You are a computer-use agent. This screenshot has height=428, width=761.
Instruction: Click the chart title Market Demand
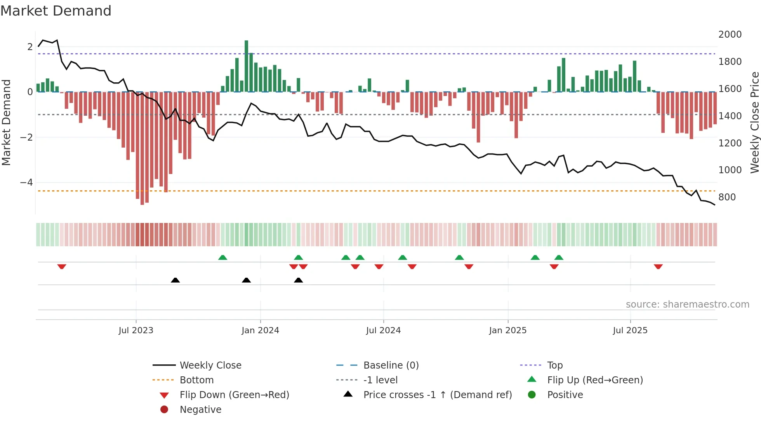pyautogui.click(x=56, y=11)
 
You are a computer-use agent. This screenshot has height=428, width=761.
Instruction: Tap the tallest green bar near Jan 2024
pyautogui.click(x=246, y=66)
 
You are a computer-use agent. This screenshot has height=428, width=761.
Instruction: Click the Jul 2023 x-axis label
pyautogui.click(x=136, y=331)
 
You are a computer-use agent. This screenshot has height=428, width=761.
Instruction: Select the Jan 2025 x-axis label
pyautogui.click(x=507, y=331)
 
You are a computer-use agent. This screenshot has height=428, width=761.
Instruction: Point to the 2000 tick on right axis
pyautogui.click(x=730, y=35)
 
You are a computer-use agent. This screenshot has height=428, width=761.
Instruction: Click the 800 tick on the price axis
pyautogui.click(x=727, y=197)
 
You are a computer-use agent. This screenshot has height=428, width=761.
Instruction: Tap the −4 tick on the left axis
pyautogui.click(x=26, y=183)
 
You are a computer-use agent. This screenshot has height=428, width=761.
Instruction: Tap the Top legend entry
pyautogui.click(x=554, y=365)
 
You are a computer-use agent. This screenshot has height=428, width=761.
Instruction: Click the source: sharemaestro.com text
pyautogui.click(x=687, y=304)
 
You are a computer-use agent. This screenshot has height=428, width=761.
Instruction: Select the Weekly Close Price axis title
pyautogui.click(x=754, y=122)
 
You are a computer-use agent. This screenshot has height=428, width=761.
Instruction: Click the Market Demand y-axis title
pyautogui.click(x=6, y=122)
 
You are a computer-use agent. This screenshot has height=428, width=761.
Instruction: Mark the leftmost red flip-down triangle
pyautogui.click(x=62, y=266)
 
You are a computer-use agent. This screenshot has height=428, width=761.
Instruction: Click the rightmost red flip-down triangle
pyautogui.click(x=658, y=266)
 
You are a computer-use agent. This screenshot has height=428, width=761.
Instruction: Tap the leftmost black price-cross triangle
pyautogui.click(x=175, y=280)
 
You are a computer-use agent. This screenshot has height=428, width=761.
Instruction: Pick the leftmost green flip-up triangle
pyautogui.click(x=222, y=257)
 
